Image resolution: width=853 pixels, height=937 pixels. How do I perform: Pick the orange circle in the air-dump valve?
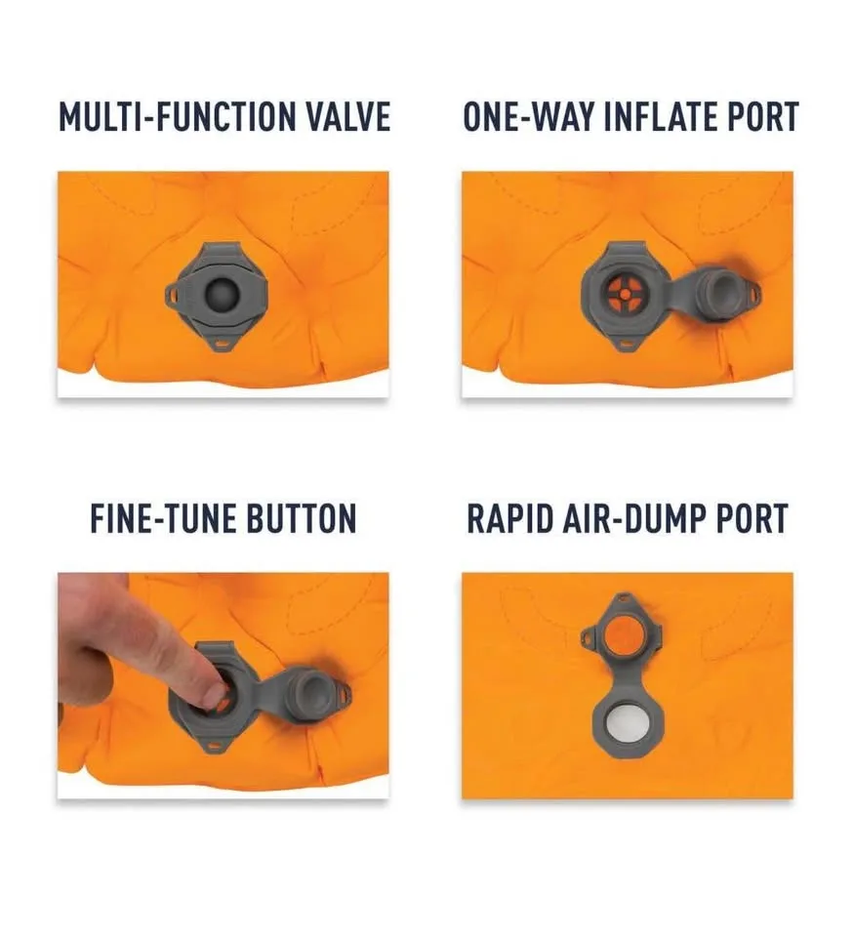(x=625, y=635)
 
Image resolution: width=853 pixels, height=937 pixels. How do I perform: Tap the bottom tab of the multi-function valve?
(x=223, y=344)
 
